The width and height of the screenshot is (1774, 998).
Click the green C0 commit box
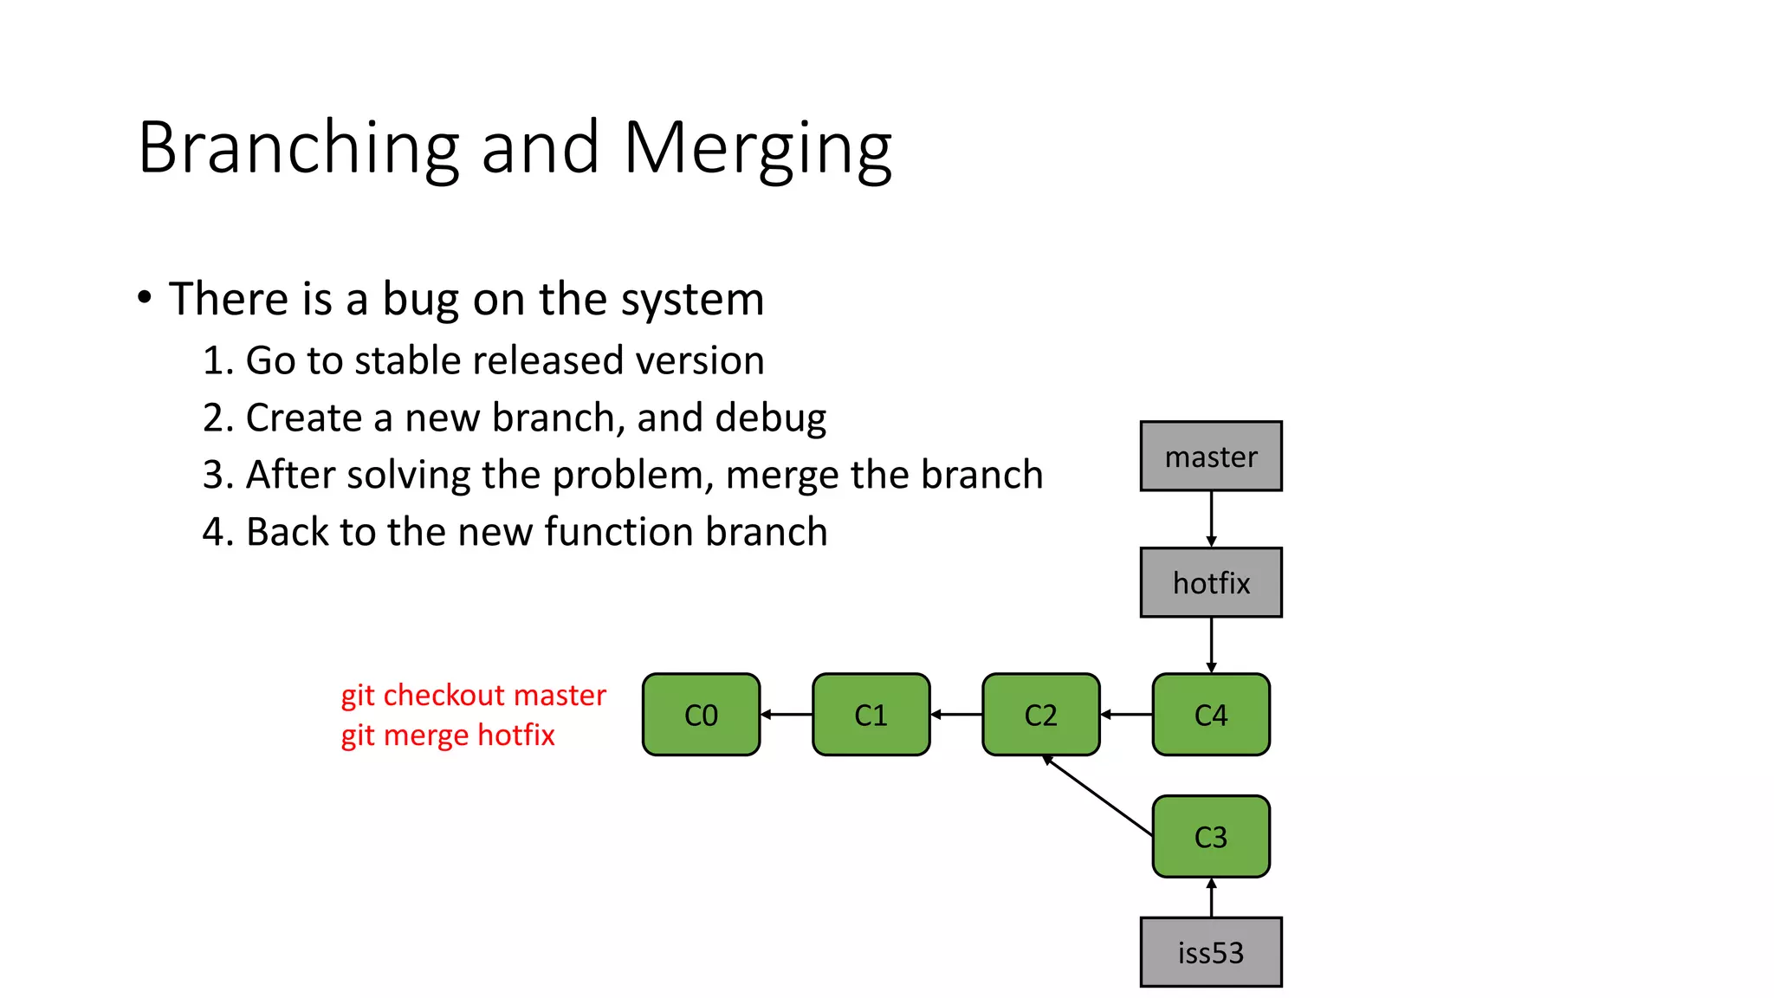[701, 715]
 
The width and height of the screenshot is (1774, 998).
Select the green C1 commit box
[871, 715]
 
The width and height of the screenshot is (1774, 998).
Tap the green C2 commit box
[1040, 715]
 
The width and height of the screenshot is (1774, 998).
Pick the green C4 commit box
[1210, 715]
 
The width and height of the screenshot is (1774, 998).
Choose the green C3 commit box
[1210, 837]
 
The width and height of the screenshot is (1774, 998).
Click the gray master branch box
[1210, 457]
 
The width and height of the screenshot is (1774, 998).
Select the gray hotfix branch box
[1210, 582]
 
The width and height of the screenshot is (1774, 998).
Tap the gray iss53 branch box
[1210, 952]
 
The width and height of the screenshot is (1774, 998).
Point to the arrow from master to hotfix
[1211, 519]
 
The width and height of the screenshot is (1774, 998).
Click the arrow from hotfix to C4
[1211, 645]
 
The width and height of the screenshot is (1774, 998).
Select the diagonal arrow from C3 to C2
[1097, 795]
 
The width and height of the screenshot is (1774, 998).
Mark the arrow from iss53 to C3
[1211, 898]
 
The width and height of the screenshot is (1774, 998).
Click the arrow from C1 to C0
[787, 715]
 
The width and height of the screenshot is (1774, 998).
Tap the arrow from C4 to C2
[1126, 715]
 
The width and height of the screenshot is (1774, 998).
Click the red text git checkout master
[473, 696]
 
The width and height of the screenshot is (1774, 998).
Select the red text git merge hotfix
[447, 736]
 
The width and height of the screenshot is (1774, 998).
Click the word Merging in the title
[757, 149]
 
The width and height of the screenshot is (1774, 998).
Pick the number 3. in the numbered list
[218, 476]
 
